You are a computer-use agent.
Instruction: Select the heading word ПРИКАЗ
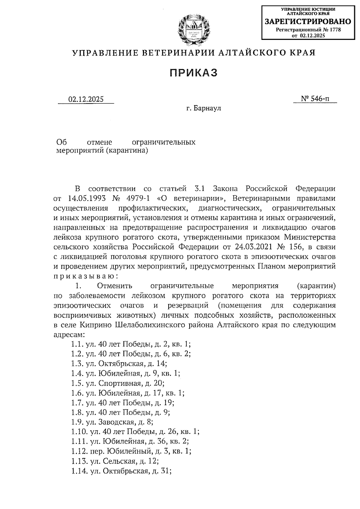click(193, 73)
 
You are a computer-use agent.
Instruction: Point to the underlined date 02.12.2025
click(86, 99)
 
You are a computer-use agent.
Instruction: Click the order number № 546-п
click(315, 99)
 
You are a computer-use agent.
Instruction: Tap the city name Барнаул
click(207, 108)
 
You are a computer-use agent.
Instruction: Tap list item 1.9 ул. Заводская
click(112, 422)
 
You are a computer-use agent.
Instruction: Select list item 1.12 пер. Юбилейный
click(131, 451)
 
